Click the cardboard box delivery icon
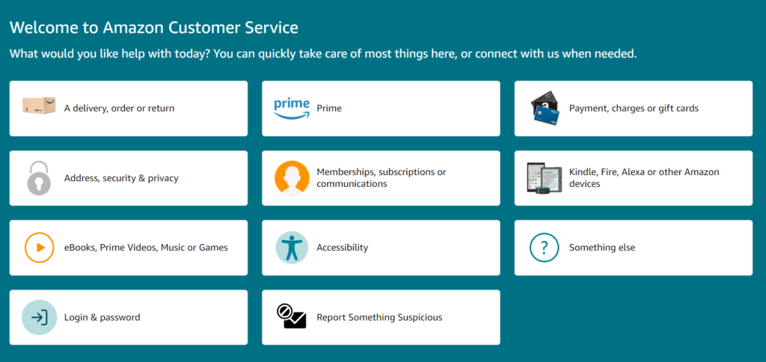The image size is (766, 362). click(39, 107)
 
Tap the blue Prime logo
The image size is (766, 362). click(292, 108)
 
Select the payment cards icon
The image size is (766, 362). click(545, 108)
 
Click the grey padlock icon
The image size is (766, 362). click(39, 178)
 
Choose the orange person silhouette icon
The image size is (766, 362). click(292, 178)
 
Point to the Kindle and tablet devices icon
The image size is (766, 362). click(545, 178)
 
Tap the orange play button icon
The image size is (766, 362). click(39, 248)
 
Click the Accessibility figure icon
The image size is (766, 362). click(292, 248)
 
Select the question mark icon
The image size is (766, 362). click(545, 248)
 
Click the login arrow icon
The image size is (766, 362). click(39, 317)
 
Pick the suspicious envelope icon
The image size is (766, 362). click(292, 317)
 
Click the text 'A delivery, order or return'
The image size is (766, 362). click(119, 108)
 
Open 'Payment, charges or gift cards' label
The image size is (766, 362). click(634, 108)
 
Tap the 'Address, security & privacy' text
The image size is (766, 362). click(121, 178)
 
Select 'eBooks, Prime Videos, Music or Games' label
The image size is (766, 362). click(146, 248)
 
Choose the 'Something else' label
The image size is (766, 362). click(602, 248)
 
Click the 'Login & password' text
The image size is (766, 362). click(102, 317)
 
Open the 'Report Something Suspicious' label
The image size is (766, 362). click(379, 317)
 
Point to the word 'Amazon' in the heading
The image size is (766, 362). click(135, 28)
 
